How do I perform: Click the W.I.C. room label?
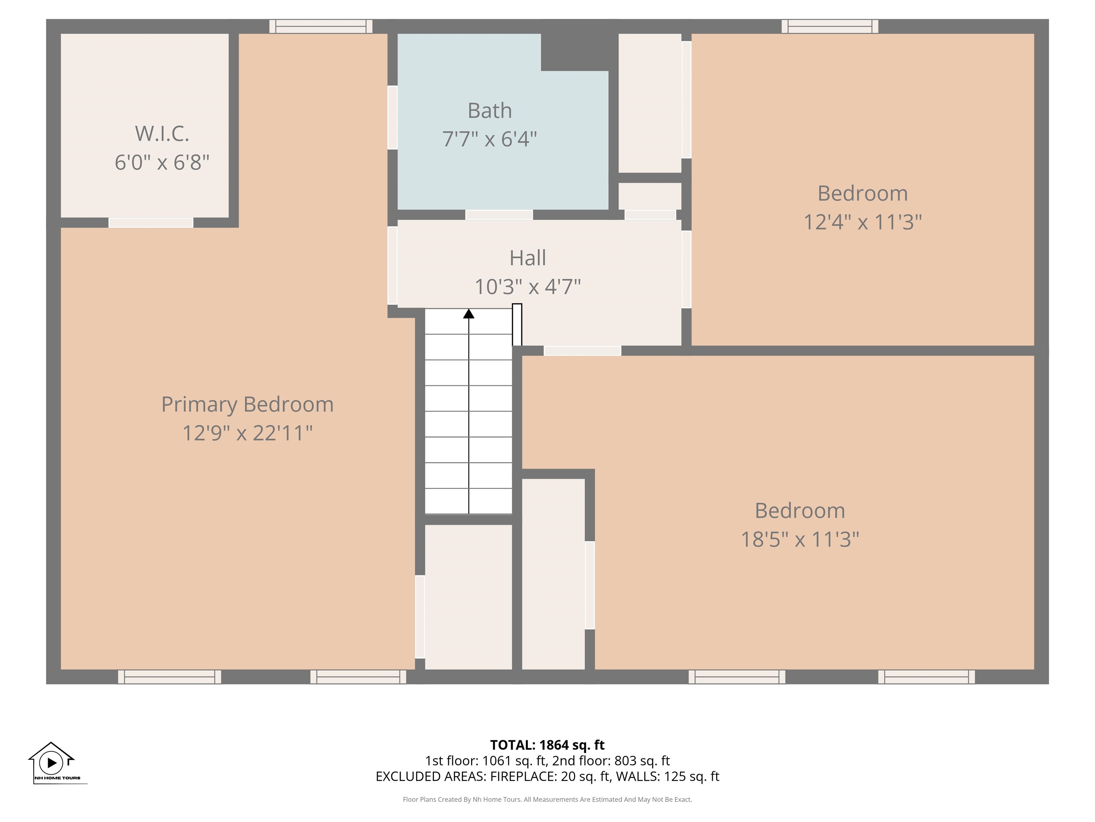coord(162,133)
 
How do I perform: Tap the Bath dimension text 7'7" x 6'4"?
coord(490,139)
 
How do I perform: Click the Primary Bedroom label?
coord(247,404)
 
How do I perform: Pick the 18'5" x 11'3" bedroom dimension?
coord(800,539)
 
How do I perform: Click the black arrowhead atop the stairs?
coord(468,314)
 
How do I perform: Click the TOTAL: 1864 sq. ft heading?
coord(547,745)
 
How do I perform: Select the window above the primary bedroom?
coord(321,26)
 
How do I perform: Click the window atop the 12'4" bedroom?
coord(830,26)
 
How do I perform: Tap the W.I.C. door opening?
coord(151,223)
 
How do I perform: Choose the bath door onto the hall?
coord(499,214)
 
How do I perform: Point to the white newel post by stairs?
coord(517,325)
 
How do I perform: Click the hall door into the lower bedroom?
coord(582,350)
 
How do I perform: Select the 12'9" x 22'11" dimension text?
coord(247,433)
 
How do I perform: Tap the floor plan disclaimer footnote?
coord(547,799)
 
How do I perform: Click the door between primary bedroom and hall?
coord(392,265)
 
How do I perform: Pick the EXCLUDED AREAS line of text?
coord(547,776)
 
